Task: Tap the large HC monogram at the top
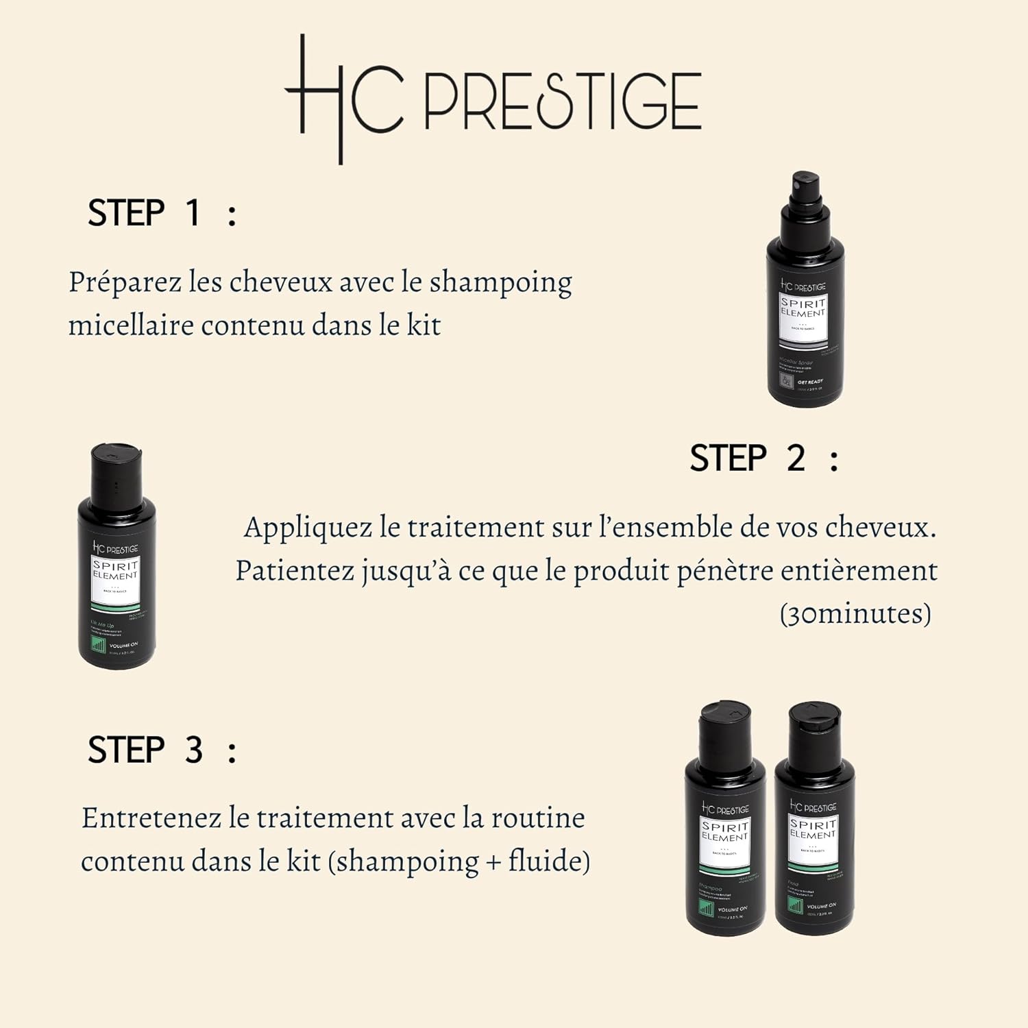pos(343,99)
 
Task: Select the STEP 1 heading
pos(162,212)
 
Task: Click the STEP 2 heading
pos(763,458)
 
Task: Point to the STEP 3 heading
pos(162,750)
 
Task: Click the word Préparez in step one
pos(125,282)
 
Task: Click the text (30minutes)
pos(855,613)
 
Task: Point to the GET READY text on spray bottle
pos(810,382)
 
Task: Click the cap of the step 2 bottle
pos(117,473)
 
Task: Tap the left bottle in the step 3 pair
pos(725,822)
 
